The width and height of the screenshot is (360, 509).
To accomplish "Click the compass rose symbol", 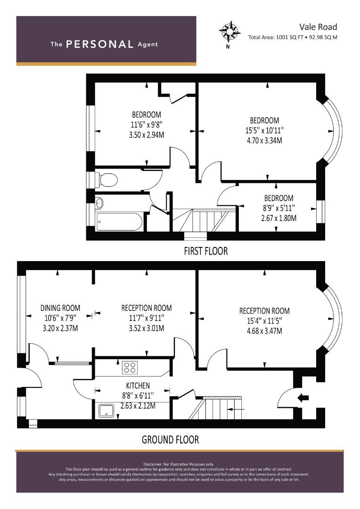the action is point(229,32).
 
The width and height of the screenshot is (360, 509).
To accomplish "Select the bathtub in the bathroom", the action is point(119,222).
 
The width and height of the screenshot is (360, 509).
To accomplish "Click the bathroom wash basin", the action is point(99,204).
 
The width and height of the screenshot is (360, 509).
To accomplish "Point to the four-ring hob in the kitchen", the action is point(130,368).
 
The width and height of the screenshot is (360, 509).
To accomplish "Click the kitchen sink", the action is point(106,410).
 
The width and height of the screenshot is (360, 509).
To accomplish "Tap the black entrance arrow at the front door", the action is point(303,398).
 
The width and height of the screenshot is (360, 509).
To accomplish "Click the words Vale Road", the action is point(318,26).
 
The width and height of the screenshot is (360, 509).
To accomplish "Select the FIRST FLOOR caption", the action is point(206,251).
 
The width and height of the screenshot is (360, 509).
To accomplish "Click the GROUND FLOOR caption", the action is point(170,440).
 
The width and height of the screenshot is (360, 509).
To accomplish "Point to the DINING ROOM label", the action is point(60,308).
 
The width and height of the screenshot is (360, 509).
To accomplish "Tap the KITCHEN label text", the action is point(138,386).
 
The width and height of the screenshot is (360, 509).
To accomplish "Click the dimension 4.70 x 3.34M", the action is point(264,140).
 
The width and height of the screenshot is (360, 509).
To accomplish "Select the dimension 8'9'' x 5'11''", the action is point(279,208).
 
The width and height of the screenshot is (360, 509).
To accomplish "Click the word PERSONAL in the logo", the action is point(99,44).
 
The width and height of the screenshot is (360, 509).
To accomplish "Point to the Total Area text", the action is point(293,37).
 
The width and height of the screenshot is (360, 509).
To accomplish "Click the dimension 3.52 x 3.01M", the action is point(147,328).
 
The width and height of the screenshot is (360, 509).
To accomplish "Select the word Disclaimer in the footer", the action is point(153,464).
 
